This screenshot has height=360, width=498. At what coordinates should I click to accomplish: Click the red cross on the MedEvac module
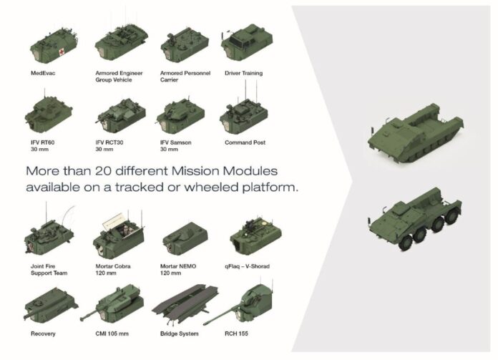click(x=61, y=52)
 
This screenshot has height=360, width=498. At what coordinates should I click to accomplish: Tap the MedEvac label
click(x=43, y=73)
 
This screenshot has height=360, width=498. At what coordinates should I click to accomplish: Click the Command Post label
click(x=245, y=142)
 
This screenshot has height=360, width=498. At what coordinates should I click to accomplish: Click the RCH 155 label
click(x=236, y=334)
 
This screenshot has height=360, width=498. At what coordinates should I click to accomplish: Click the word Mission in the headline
click(x=195, y=171)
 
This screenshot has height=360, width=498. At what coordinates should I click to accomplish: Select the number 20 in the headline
click(x=103, y=171)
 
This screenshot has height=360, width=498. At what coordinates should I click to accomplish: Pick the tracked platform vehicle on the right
click(x=416, y=133)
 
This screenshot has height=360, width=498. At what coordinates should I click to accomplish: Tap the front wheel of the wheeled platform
click(x=405, y=243)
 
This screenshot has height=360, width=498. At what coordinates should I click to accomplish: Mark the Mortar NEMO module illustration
click(x=185, y=238)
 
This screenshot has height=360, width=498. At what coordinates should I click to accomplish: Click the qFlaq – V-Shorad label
click(x=247, y=266)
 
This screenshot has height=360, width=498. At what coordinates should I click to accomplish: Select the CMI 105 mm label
click(x=112, y=334)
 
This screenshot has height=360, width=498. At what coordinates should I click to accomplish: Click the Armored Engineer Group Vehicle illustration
click(x=122, y=43)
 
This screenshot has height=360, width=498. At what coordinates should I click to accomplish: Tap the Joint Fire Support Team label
click(x=49, y=270)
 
